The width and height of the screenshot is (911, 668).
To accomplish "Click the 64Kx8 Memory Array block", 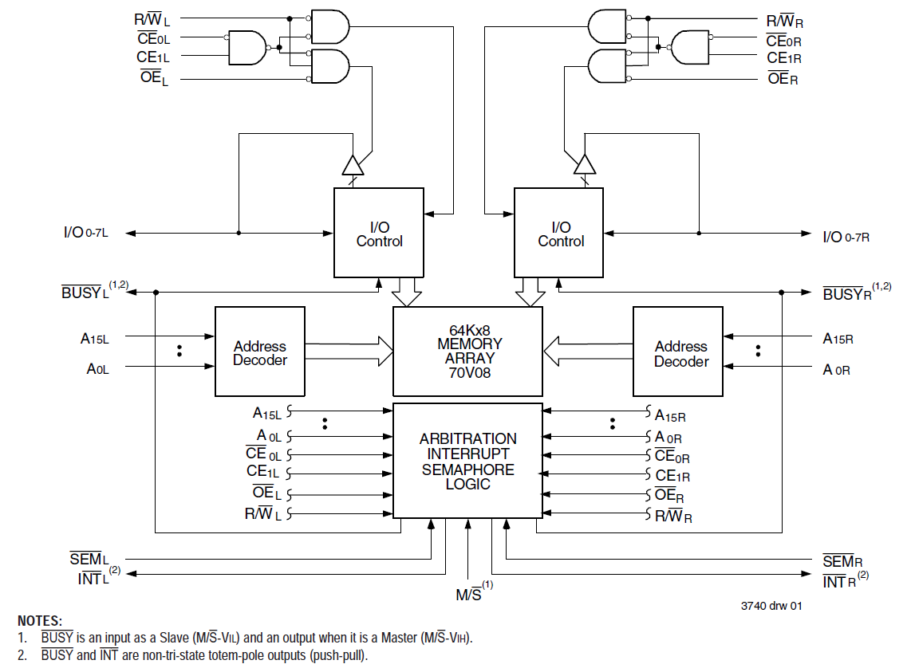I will tap(469, 351).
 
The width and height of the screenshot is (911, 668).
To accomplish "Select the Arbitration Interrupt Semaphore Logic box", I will tap(468, 462).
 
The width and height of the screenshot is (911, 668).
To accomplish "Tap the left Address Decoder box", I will tap(260, 352).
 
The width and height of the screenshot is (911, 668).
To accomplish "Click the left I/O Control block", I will tap(379, 233).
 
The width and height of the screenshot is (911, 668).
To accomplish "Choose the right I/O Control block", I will tap(560, 233).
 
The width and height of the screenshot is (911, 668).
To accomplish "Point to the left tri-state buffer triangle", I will tap(352, 165).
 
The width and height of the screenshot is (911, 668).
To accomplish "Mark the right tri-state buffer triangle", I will tap(586, 164).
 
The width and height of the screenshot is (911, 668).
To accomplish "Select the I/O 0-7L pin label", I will tap(85, 234).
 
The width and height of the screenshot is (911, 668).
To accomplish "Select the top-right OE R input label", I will tap(782, 78).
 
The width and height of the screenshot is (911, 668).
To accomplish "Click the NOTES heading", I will tap(39, 620).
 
